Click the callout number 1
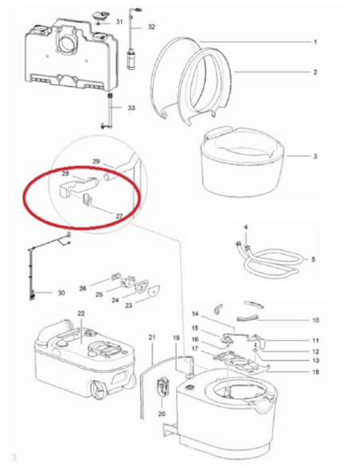click(x=315, y=42)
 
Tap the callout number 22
click(x=81, y=314)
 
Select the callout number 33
click(x=131, y=107)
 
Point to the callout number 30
click(x=61, y=293)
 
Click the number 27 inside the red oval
click(x=119, y=216)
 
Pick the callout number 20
click(x=162, y=413)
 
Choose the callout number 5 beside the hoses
click(x=314, y=260)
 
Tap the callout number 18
click(x=315, y=372)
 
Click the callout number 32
click(x=151, y=27)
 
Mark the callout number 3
click(x=315, y=156)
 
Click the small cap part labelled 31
click(x=99, y=16)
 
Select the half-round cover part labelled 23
click(x=154, y=290)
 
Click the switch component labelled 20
click(x=162, y=387)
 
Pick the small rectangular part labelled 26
click(x=115, y=277)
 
